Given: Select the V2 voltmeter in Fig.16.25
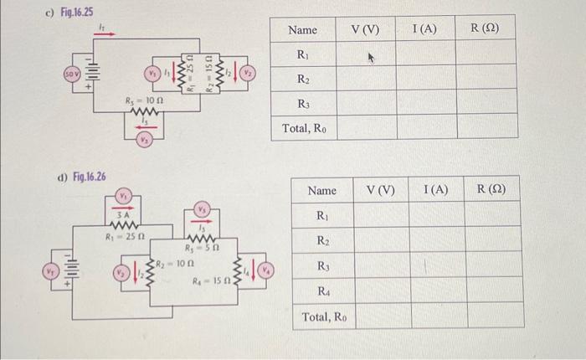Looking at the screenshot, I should click(247, 74).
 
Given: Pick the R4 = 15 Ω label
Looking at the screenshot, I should click(210, 282).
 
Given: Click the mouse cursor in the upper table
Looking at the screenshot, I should click(366, 59).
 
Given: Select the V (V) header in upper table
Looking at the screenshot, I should click(365, 29).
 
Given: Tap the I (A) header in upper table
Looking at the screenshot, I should click(425, 29).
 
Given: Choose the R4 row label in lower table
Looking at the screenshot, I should click(322, 291).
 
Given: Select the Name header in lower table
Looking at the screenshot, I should click(322, 190).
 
